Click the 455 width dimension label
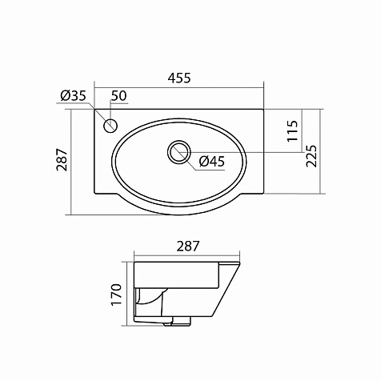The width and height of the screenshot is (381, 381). (179, 78)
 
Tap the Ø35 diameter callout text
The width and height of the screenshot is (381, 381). (73, 96)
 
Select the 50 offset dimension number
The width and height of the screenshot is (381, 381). (118, 96)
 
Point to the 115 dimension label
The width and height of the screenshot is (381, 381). (292, 130)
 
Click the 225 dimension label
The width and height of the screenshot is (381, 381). (311, 156)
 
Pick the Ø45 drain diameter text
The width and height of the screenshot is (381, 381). (212, 162)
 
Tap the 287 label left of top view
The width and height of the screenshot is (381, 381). (62, 159)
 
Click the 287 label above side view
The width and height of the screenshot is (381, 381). (188, 247)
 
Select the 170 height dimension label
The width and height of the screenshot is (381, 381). (116, 295)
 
